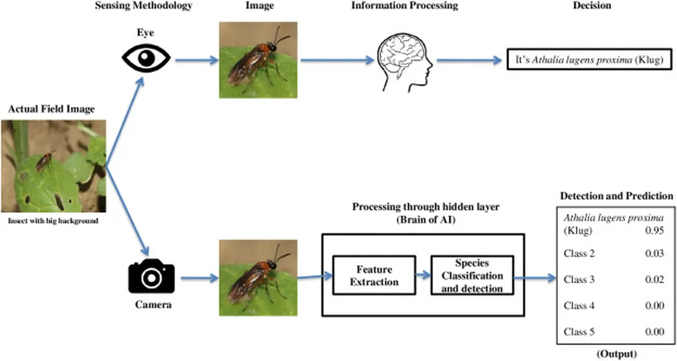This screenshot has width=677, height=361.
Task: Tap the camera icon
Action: tap(151, 278)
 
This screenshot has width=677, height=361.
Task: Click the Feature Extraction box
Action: tap(374, 276)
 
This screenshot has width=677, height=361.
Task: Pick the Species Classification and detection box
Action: tap(472, 276)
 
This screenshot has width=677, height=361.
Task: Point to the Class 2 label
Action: tap(579, 253)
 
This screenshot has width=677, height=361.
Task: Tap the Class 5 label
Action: tap(579, 332)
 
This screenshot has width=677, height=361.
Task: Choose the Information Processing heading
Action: tap(404, 6)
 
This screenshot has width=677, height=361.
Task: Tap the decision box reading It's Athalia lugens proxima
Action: tap(588, 60)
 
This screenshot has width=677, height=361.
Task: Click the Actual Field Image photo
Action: tap(54, 166)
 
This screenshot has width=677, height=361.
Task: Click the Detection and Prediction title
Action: tap(616, 196)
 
